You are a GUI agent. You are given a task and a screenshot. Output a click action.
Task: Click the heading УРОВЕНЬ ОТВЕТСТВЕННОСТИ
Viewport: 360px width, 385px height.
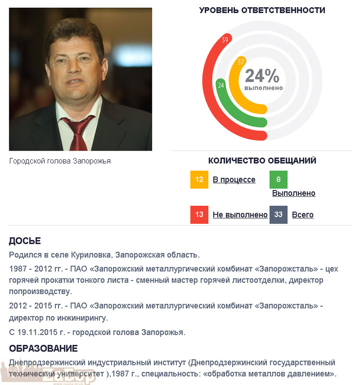tap(262, 10)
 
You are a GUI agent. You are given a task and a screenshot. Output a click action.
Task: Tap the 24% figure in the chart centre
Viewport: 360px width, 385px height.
tap(262, 76)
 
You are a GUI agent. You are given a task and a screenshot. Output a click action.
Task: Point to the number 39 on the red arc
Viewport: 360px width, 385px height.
tap(225, 40)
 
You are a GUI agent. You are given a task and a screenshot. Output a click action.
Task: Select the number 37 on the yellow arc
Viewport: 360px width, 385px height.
tap(241, 62)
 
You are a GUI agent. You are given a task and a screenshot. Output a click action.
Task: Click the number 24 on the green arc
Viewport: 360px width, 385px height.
tap(221, 86)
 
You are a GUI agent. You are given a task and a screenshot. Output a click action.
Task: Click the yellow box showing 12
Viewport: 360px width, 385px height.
tap(199, 180)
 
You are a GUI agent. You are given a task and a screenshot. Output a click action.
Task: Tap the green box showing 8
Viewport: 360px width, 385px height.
tap(278, 180)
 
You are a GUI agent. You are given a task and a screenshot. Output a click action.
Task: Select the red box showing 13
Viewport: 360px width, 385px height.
tap(199, 215)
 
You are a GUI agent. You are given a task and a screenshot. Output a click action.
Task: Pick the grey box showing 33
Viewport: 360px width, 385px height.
tap(278, 215)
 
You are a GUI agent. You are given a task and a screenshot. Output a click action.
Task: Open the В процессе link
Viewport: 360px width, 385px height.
tap(234, 180)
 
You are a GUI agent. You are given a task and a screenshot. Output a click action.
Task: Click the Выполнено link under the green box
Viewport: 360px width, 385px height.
tap(294, 193)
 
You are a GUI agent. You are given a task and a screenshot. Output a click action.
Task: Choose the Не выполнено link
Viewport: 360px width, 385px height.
tap(240, 215)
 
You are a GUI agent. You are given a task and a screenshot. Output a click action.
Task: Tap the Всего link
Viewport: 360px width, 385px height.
tap(303, 215)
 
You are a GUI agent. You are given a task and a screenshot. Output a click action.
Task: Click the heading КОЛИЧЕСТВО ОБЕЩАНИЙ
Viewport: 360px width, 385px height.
tap(262, 161)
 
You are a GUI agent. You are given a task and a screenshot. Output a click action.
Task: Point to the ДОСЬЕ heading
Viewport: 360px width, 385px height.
tap(25, 241)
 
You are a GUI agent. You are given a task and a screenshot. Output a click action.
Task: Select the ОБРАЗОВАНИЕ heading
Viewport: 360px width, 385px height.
tap(43, 348)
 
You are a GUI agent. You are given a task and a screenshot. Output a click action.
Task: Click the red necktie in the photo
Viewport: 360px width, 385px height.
tap(77, 132)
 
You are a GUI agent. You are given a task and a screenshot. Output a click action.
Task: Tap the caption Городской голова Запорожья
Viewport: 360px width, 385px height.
tap(60, 161)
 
